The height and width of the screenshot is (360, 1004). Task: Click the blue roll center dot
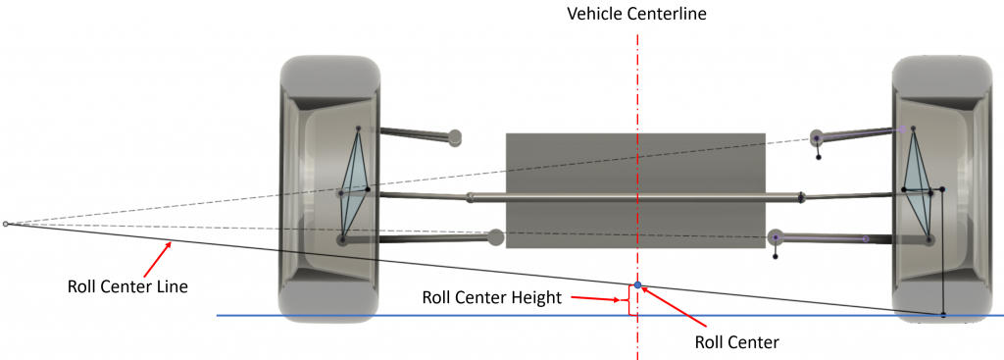pos(637,284)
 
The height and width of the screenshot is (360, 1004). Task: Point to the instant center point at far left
pos(6,225)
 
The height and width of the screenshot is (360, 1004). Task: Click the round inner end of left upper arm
pos(454,137)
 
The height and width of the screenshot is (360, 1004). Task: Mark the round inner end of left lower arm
pos(495,235)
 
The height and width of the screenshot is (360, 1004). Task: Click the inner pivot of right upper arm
pos(817,138)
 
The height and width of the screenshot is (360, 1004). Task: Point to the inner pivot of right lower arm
pos(775,237)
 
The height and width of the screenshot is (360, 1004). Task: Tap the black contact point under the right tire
pos(942,315)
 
